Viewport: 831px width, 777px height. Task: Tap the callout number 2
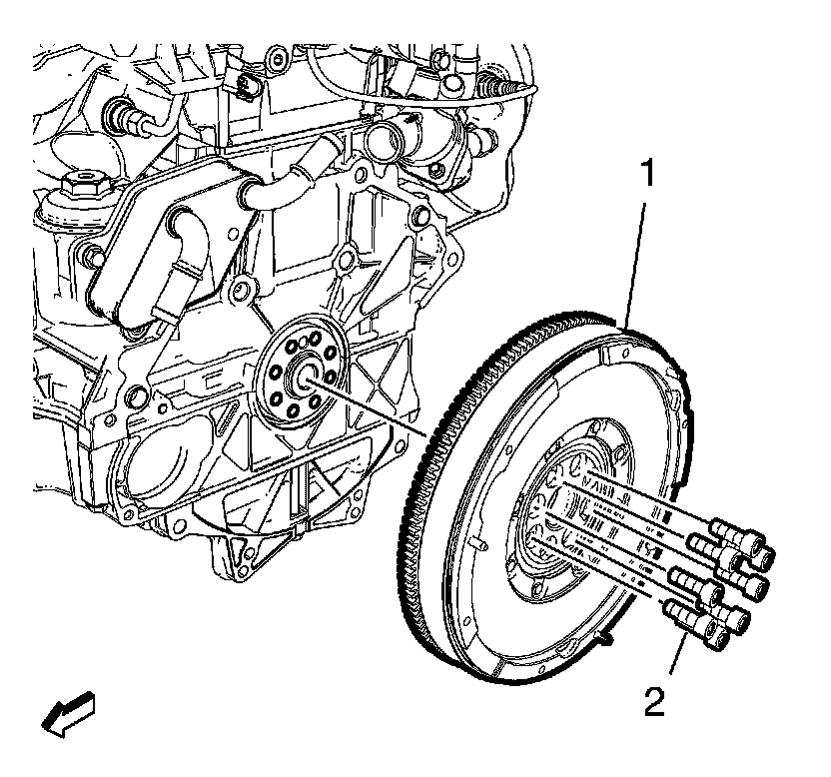[x=653, y=698]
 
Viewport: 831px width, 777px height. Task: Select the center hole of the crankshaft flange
[x=304, y=378]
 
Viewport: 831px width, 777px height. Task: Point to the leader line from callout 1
[x=637, y=260]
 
